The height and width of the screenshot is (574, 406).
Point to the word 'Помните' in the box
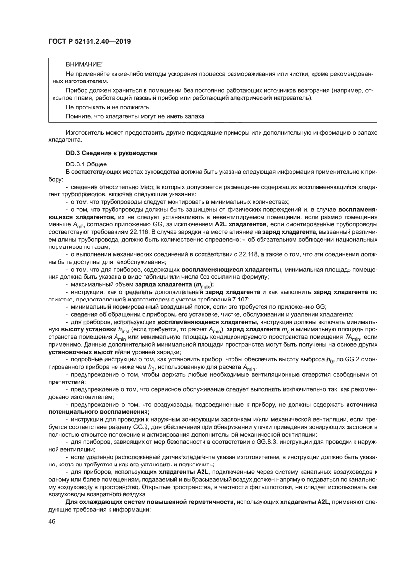click(x=78, y=116)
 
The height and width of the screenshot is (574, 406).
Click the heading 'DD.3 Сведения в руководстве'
click(x=111, y=153)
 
